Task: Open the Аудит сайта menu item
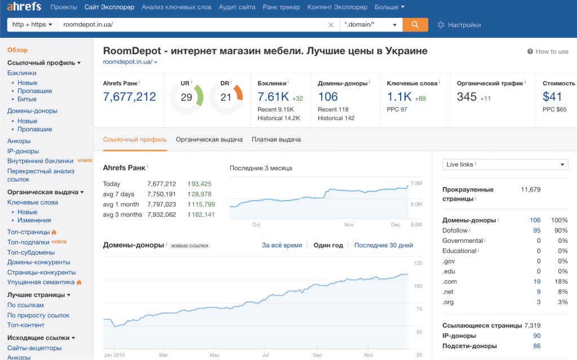click(x=237, y=7)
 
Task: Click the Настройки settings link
click(x=459, y=25)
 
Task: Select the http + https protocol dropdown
click(x=32, y=25)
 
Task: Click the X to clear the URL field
click(x=331, y=25)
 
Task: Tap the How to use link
click(x=548, y=51)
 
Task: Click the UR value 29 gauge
click(x=187, y=97)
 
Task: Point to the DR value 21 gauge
click(x=226, y=97)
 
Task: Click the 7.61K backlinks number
click(x=273, y=97)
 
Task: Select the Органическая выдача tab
click(x=209, y=139)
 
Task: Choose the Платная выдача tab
click(x=276, y=139)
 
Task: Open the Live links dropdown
click(x=505, y=165)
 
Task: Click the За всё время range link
click(x=282, y=245)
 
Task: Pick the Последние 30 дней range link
click(x=383, y=245)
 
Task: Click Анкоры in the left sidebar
click(x=19, y=141)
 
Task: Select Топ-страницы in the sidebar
click(x=28, y=232)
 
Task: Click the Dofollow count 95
click(x=536, y=230)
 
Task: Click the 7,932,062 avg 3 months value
click(x=161, y=215)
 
